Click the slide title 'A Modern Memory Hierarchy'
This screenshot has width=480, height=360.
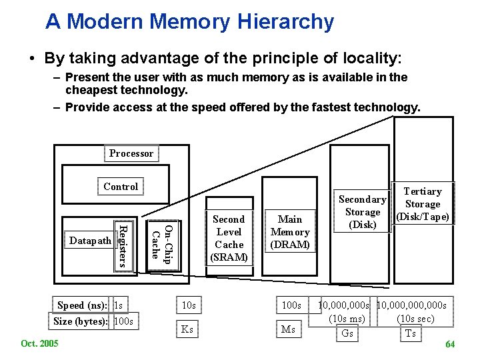(189, 21)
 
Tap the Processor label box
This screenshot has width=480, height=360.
(131, 153)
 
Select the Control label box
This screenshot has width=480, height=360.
(121, 187)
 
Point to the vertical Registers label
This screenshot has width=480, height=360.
(121, 245)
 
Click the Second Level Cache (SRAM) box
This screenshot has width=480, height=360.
(229, 238)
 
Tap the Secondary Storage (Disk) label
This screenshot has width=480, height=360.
(362, 212)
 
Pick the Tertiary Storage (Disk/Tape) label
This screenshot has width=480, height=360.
(423, 204)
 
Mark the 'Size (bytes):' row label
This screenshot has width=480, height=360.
(81, 321)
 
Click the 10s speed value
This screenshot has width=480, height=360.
(189, 305)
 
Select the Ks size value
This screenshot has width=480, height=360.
(187, 329)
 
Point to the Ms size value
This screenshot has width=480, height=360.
(288, 329)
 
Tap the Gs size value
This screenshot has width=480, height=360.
(347, 333)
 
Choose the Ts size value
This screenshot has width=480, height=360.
(410, 333)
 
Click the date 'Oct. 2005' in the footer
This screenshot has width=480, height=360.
(39, 343)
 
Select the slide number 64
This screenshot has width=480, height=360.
(450, 345)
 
